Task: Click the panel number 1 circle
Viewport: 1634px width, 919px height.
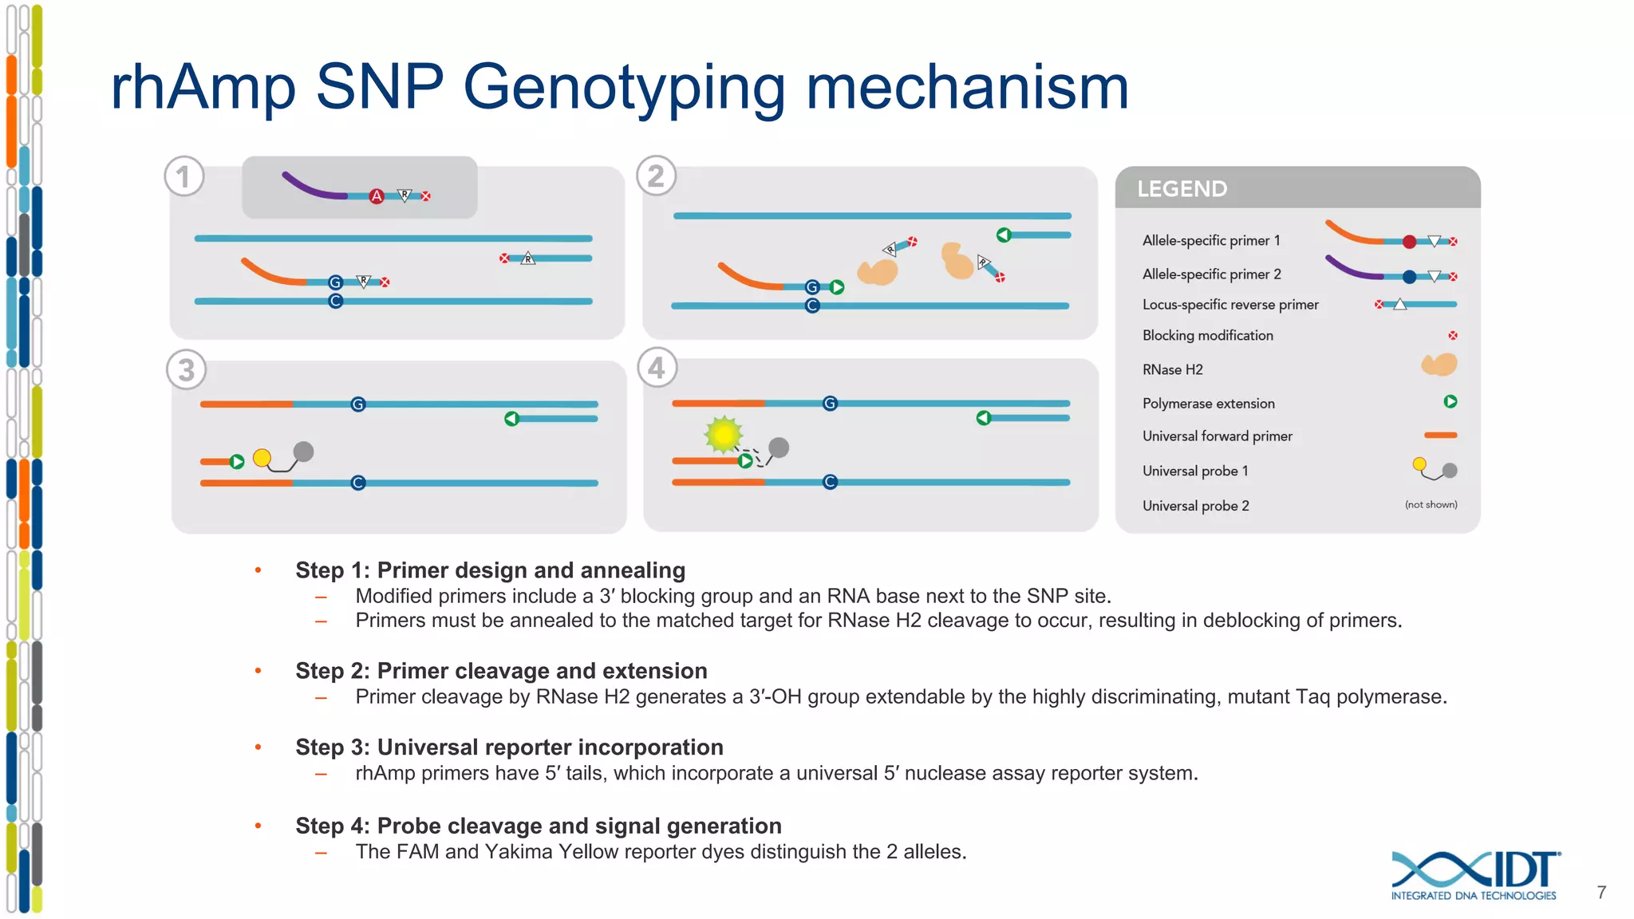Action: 184,176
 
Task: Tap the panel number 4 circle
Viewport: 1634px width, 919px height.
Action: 657,368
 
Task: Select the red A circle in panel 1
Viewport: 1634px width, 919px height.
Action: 377,196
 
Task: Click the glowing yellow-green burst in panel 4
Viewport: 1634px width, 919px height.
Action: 724,435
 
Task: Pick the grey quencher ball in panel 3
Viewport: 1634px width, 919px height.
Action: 303,452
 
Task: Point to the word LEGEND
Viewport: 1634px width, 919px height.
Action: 1182,189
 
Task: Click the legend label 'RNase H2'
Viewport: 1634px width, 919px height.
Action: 1172,370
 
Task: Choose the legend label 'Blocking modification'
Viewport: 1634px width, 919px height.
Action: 1207,336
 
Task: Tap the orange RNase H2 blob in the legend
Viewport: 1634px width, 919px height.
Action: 1439,365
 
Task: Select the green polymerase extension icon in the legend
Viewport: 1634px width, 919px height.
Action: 1450,402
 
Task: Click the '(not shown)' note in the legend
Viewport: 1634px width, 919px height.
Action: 1431,505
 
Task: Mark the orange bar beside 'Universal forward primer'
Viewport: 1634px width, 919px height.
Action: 1440,436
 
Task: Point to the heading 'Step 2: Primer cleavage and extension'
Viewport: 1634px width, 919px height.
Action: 501,671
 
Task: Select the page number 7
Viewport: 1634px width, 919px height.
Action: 1601,893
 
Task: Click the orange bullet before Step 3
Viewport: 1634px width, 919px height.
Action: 258,747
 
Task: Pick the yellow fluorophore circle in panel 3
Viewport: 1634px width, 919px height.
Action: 262,457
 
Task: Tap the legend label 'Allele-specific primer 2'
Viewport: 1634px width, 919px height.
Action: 1211,274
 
